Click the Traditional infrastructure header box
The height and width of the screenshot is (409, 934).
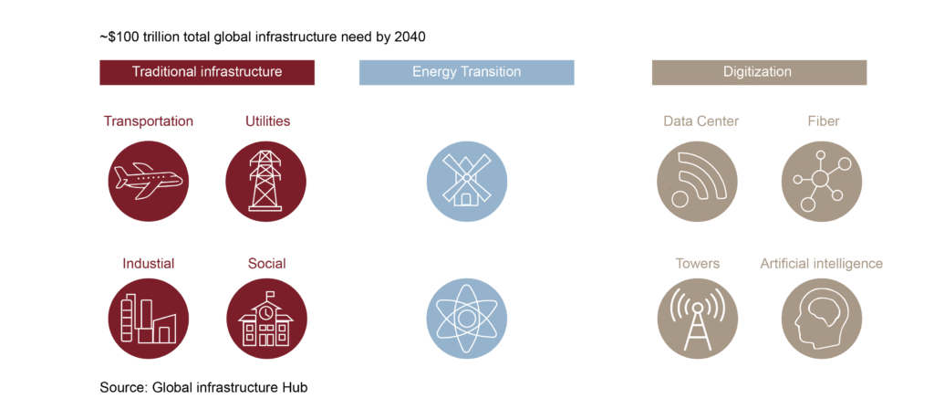pyautogui.click(x=207, y=72)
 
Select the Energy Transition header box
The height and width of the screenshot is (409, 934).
pyautogui.click(x=466, y=72)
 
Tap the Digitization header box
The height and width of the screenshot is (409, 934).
pyautogui.click(x=758, y=72)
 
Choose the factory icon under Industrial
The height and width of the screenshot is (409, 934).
pyautogui.click(x=149, y=319)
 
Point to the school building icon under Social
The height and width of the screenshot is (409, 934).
pyautogui.click(x=265, y=319)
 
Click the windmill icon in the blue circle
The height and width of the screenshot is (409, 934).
pyautogui.click(x=466, y=181)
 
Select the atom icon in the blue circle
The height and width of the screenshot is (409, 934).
pyautogui.click(x=466, y=319)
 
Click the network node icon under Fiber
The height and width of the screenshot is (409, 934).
pyautogui.click(x=822, y=181)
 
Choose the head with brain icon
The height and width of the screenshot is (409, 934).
pyautogui.click(x=822, y=319)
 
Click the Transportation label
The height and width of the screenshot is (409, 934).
pyautogui.click(x=149, y=121)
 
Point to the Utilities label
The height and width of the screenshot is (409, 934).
pyautogui.click(x=267, y=121)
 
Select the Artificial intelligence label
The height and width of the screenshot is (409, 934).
pyautogui.click(x=822, y=264)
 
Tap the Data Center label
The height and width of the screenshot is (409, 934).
pyautogui.click(x=700, y=121)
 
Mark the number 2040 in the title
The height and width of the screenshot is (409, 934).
pyautogui.click(x=408, y=37)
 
